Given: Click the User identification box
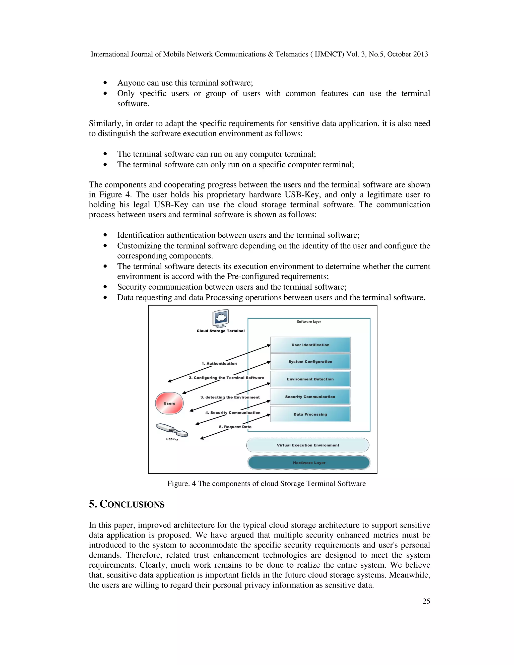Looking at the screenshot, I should pos(310,345).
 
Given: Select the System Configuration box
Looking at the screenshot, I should pos(310,361).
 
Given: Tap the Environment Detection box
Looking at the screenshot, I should pos(310,379).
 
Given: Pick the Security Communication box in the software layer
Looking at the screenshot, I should pos(310,397).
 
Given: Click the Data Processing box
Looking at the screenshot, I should pos(310,414).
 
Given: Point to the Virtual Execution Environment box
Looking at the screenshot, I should pos(308,445).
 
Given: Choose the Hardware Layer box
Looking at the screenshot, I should pos(309,462).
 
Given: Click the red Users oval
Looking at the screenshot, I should pos(169,403).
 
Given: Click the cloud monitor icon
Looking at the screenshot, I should pos(221,318).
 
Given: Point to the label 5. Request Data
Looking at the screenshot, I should pos(235,427).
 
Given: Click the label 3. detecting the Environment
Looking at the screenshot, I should pos(230,397).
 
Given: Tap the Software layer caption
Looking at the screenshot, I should pos(309,321).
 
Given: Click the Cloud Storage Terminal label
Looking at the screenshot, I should pos(220,331).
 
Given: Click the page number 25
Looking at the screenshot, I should pos(426,601).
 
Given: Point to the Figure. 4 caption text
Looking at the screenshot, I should pos(267,484).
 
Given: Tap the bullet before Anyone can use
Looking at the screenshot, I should pos(105,83).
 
